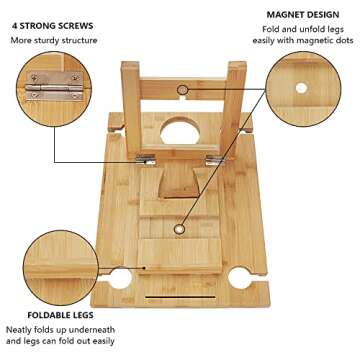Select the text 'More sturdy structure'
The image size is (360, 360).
tap(54, 40)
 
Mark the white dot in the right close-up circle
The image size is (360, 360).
tap(301, 89)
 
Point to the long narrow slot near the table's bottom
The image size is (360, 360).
tap(183, 297)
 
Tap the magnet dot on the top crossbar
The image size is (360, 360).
tap(182, 90)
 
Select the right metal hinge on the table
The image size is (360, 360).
tap(216, 159)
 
